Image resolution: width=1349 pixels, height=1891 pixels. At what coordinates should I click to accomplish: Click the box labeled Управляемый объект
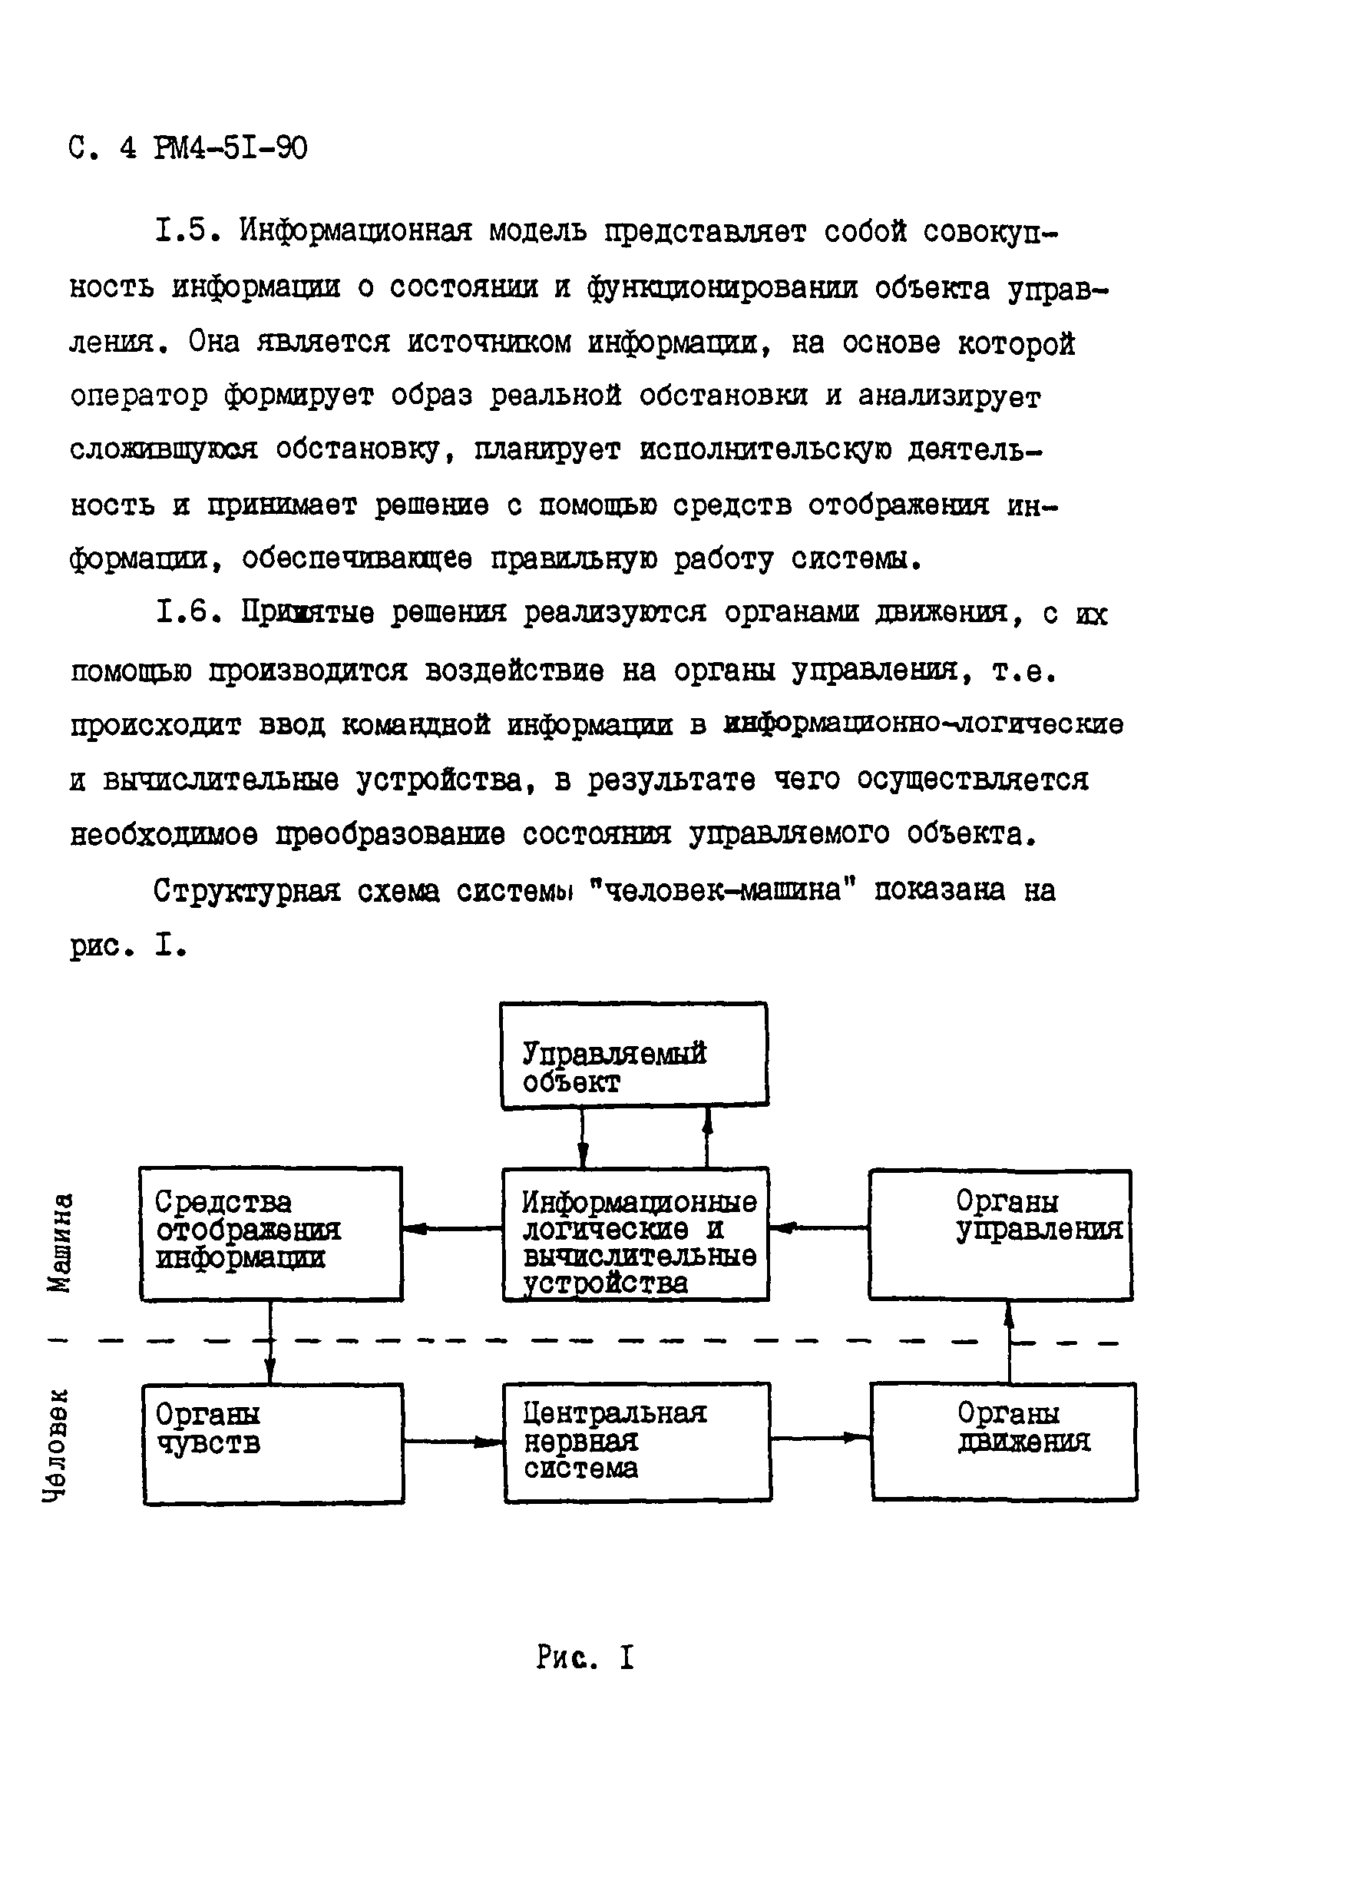coord(633,1055)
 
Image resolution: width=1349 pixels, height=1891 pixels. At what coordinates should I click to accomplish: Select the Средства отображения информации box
coord(271,1233)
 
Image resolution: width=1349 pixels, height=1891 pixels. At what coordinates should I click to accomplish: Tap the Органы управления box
coord(1000,1234)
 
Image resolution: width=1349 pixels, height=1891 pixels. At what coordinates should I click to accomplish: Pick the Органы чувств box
coord(273,1443)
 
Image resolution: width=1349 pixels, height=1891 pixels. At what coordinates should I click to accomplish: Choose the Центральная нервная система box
coord(637,1442)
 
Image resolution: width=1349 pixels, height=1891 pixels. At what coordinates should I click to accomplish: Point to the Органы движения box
coord(1003,1441)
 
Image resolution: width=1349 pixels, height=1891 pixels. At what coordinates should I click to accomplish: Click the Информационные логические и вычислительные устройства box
coord(636,1233)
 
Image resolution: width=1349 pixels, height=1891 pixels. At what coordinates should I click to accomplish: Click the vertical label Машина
coord(60,1242)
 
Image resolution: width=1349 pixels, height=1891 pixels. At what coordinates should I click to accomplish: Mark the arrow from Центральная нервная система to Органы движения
coord(821,1437)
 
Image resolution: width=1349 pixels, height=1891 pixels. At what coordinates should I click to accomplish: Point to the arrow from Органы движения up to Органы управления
coord(1010,1341)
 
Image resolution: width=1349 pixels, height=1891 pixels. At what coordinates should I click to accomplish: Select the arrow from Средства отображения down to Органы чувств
coord(270,1341)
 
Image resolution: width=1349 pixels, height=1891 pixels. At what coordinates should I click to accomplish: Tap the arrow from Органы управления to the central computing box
coord(818,1227)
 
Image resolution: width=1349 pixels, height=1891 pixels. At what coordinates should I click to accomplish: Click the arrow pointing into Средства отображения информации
coord(453,1229)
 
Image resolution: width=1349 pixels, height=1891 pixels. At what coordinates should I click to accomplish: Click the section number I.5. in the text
coord(188,230)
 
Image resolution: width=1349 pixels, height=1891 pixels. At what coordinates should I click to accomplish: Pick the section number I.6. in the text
coord(190,612)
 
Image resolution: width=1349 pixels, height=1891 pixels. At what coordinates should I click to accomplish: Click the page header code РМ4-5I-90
coord(230,149)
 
